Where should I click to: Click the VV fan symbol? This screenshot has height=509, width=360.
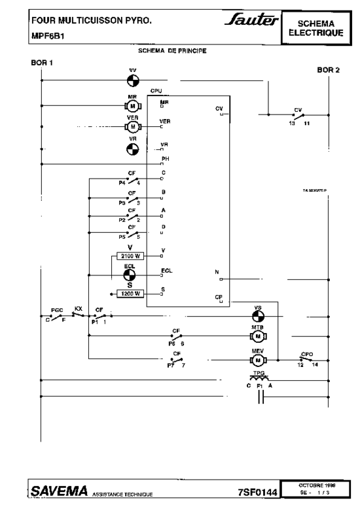point(133,81)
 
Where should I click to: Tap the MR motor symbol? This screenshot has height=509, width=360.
point(133,105)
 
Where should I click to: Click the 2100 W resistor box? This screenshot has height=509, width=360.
point(130,256)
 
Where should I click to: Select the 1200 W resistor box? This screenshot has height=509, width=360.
point(130,294)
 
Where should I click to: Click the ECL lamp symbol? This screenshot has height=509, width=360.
point(130,275)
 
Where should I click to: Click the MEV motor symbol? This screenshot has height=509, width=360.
point(258,360)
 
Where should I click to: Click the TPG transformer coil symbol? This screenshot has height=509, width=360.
point(260,379)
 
